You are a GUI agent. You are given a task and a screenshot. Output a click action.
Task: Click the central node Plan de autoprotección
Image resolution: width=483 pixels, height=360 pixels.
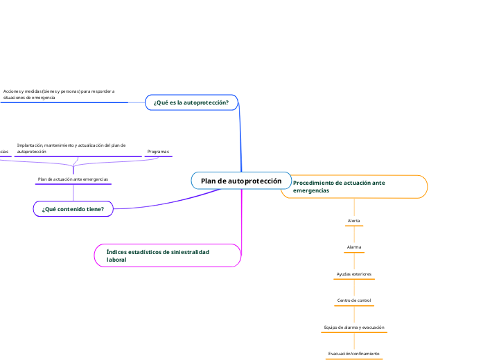click(x=241, y=181)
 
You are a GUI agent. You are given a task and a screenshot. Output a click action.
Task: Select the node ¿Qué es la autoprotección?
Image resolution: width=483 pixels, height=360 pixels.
click(x=191, y=102)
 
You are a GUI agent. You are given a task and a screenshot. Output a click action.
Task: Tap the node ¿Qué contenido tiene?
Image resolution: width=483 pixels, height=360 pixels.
click(x=73, y=208)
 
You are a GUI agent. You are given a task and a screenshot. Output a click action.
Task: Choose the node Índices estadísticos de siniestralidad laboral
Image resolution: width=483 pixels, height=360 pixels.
click(x=167, y=255)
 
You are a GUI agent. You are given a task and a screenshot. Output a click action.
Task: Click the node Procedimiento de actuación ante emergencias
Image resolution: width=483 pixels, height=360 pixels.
click(x=353, y=186)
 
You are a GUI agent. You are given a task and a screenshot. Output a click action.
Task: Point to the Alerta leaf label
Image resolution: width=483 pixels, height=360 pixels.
click(x=353, y=221)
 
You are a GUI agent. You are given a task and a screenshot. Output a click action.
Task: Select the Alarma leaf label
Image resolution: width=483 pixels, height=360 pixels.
click(x=353, y=247)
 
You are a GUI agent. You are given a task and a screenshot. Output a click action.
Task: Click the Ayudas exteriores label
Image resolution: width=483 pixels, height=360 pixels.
click(x=353, y=274)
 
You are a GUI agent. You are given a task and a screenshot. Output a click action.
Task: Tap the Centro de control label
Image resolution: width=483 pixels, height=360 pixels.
click(x=353, y=300)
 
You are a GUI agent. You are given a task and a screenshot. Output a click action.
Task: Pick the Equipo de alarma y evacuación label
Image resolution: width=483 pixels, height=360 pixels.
click(x=353, y=327)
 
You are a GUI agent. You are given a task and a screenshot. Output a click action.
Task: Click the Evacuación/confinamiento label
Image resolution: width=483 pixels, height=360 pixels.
click(x=353, y=354)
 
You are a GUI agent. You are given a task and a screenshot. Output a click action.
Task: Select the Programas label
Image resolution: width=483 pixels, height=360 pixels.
click(x=158, y=151)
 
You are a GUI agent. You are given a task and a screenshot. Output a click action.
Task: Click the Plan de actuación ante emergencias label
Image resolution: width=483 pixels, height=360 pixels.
click(x=73, y=179)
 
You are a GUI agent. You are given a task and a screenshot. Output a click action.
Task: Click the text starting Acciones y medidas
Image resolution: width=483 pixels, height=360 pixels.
click(x=58, y=94)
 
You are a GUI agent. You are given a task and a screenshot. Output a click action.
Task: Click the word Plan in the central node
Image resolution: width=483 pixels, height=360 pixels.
click(x=209, y=181)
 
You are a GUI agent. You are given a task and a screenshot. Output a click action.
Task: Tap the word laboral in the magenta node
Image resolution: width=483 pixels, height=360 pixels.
click(x=116, y=260)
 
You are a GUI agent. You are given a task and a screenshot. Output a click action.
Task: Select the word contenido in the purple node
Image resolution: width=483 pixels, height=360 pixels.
click(x=73, y=208)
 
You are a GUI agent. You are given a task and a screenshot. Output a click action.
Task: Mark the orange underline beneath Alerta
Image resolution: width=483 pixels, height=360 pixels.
click(x=353, y=226)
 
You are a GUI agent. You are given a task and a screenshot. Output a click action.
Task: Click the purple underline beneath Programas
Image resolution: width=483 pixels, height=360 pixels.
click(x=158, y=157)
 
